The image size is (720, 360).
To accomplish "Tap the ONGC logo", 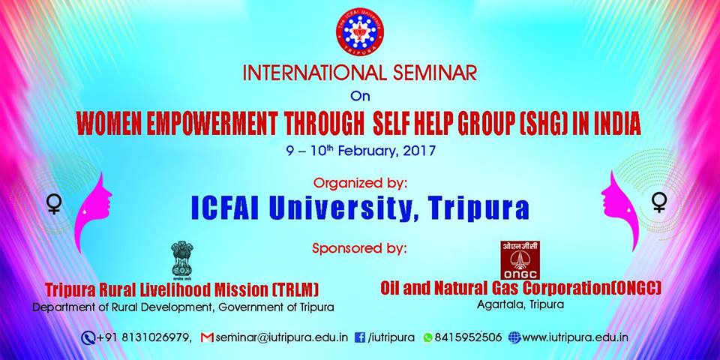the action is [520, 260].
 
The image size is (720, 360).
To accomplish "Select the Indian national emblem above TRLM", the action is [181, 260].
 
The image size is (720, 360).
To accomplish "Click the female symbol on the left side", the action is [54, 204].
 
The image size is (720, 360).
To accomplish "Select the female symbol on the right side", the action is [659, 202].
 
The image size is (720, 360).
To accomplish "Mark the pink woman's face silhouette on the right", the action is [620, 210].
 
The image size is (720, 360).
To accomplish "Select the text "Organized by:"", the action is [360, 184].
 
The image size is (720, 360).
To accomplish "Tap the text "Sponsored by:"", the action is [359, 248].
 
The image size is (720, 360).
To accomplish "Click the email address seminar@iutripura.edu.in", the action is [281, 338].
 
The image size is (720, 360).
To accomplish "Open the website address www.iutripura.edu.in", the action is [575, 338].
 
